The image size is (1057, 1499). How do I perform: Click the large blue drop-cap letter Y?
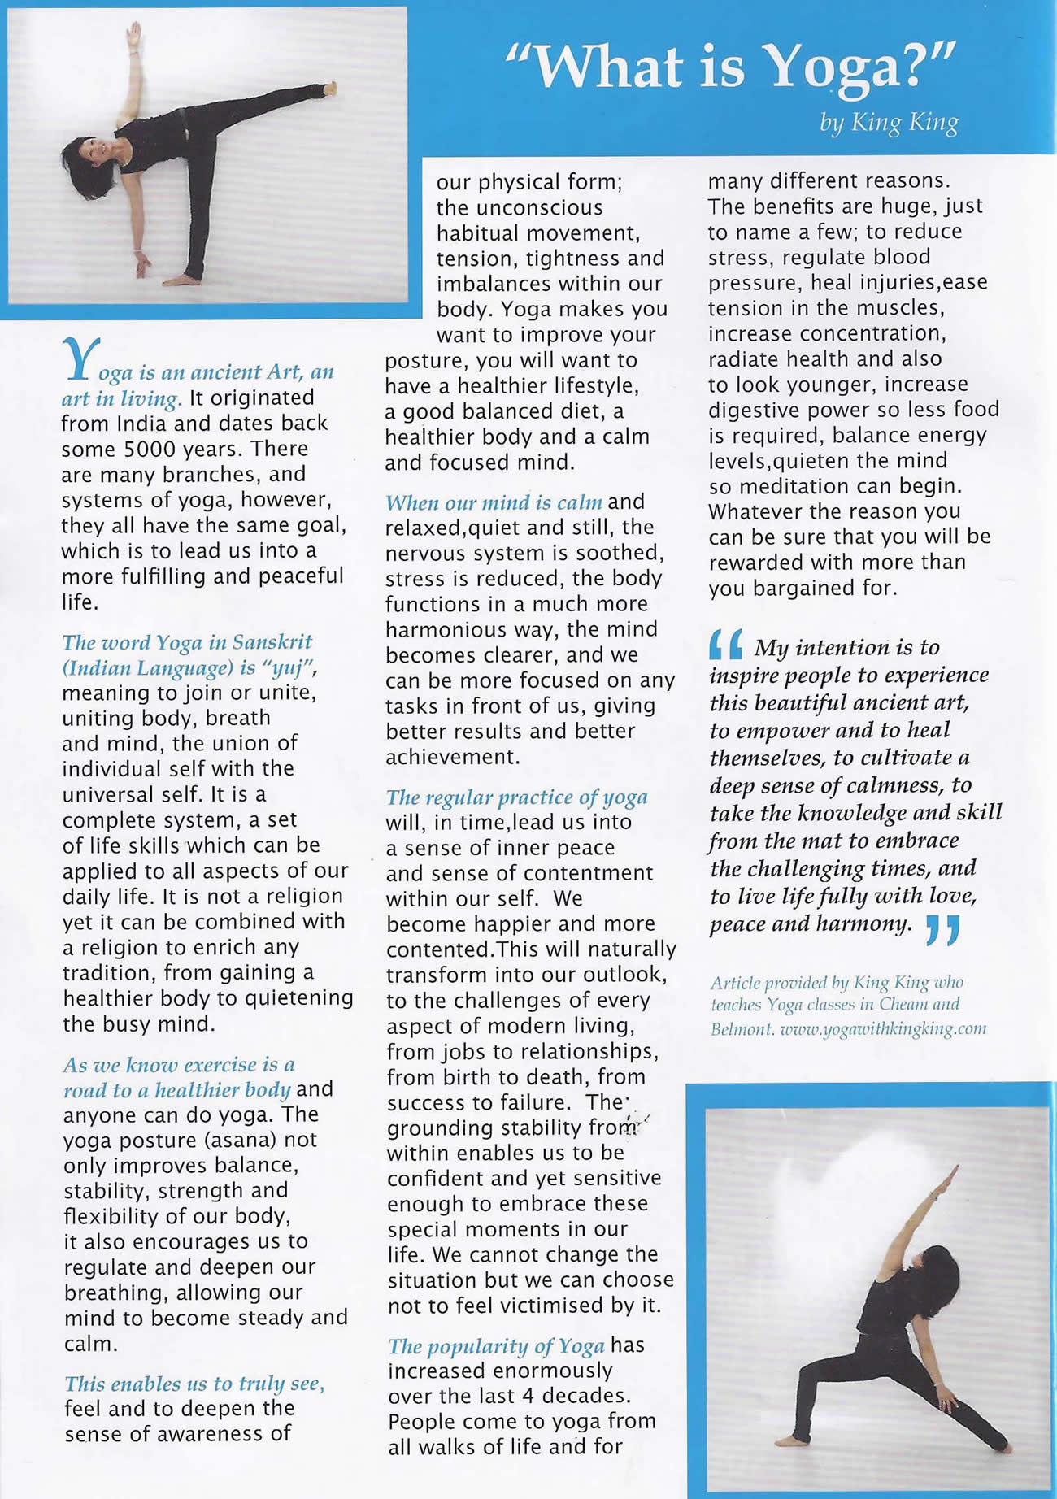click(x=79, y=359)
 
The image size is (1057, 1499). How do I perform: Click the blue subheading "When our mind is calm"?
click(x=494, y=502)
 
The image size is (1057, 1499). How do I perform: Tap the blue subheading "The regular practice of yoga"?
click(x=516, y=797)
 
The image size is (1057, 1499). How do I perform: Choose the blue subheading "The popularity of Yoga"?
click(x=495, y=1346)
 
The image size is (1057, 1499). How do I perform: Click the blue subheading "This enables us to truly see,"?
click(x=194, y=1384)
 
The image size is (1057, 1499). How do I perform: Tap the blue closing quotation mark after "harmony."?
click(x=943, y=929)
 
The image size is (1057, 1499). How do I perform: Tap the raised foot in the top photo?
click(x=328, y=87)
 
